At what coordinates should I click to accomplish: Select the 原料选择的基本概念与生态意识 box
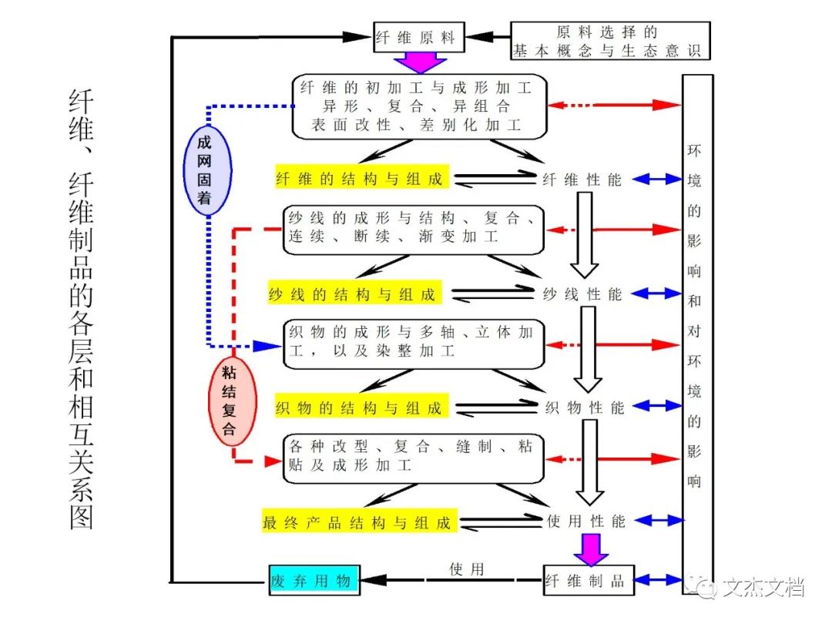pos(609,42)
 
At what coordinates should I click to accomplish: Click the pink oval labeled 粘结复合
pos(229,401)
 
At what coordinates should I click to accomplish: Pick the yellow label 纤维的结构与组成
pos(359,179)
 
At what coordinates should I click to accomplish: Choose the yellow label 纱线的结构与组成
pos(352,294)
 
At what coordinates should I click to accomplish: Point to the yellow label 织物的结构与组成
pos(359,408)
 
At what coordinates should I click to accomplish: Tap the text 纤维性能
pos(583,179)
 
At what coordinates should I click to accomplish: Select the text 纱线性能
pos(583,294)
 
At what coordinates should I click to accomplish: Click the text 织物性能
pos(585,408)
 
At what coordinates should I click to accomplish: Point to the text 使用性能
pos(585,522)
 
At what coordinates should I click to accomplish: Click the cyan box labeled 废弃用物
pos(314,581)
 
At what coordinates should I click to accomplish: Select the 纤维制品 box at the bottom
pos(589,581)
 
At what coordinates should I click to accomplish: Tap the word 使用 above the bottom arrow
pos(467,569)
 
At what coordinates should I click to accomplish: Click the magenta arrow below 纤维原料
pos(416,62)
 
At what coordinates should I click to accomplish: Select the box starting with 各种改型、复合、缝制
pos(413,458)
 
